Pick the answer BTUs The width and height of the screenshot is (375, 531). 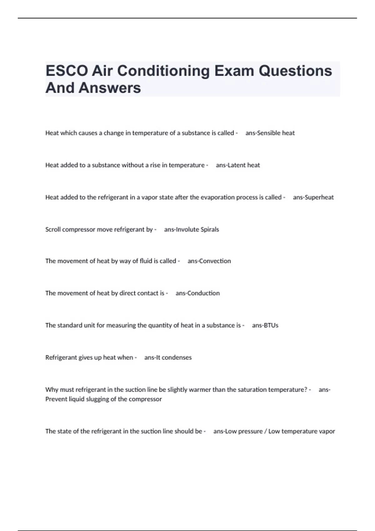[x=271, y=325]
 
